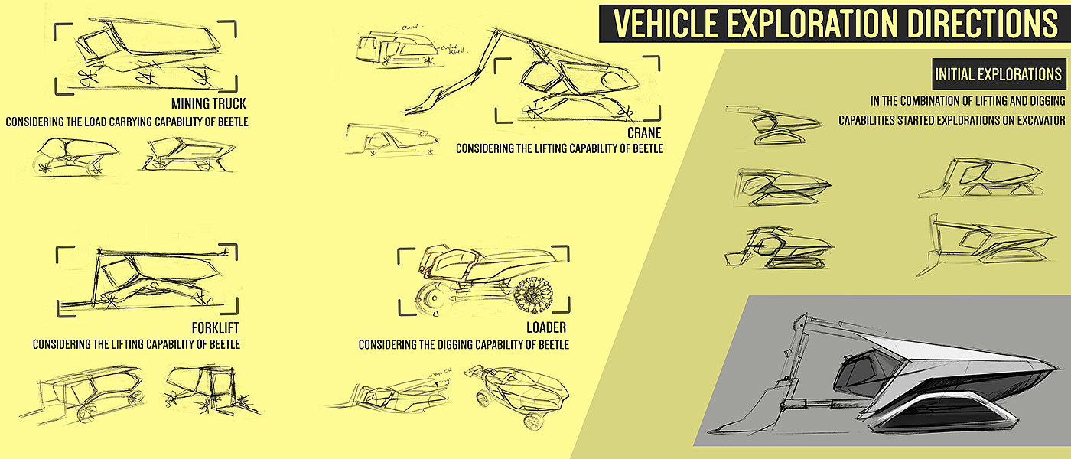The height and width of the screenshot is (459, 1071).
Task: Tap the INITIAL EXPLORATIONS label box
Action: coord(998,75)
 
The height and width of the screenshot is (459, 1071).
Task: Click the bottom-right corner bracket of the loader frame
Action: coord(564,307)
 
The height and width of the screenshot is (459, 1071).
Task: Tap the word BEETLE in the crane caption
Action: coord(645,148)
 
